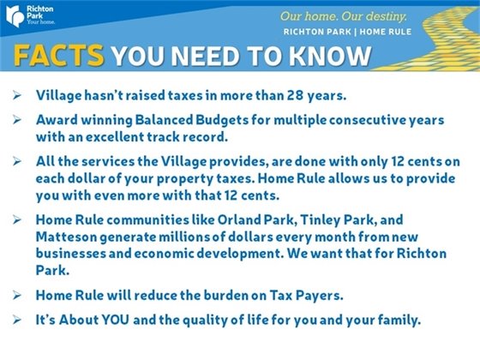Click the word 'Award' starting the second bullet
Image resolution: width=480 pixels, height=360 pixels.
[56, 121]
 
